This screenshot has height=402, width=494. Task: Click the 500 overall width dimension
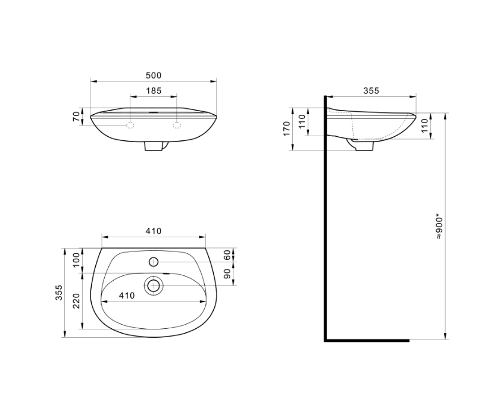[154, 76]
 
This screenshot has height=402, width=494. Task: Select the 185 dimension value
[154, 91]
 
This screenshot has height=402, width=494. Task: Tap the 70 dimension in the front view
[76, 117]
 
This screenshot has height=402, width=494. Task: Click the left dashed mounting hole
[130, 125]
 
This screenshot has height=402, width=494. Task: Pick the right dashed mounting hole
[177, 125]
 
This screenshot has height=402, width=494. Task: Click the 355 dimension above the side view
[371, 90]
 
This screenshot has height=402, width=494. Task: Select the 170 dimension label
[286, 128]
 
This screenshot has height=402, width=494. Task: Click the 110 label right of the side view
[425, 125]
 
